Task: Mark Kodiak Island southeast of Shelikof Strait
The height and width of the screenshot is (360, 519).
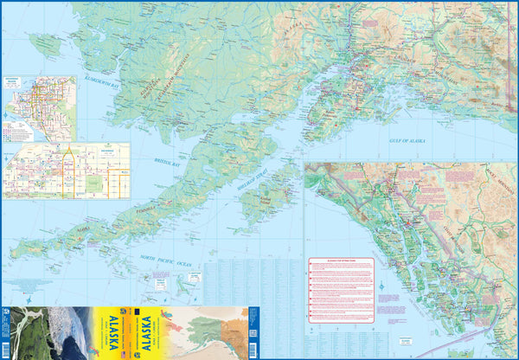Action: click(265, 198)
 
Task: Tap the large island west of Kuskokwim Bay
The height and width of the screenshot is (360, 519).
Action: click(44, 44)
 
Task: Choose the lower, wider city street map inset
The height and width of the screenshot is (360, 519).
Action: click(66, 170)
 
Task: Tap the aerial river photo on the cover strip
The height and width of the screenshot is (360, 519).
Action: click(22, 332)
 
